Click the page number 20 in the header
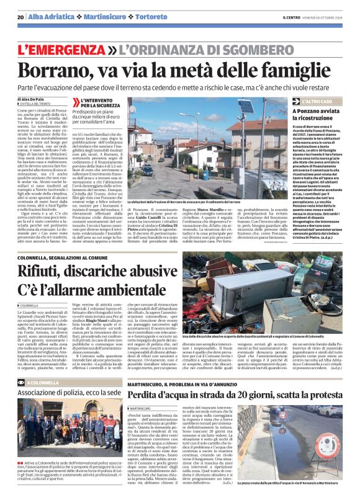click(x=20, y=17)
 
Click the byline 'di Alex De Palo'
click(x=35, y=99)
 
